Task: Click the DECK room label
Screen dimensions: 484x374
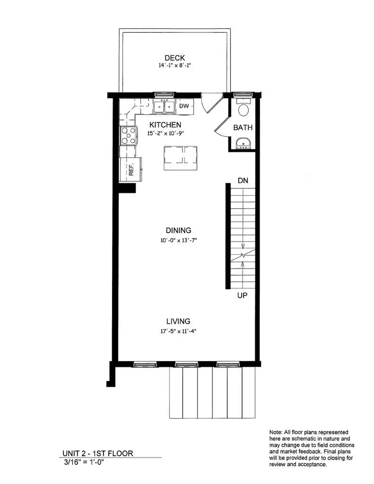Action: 175,58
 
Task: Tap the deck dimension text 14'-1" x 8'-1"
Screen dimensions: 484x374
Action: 175,65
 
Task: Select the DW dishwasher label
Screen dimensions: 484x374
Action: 184,106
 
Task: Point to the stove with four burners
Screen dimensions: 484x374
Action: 128,136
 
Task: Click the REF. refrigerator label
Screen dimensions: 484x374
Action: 131,169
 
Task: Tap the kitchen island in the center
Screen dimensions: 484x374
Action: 180,158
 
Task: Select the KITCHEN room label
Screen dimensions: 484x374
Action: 165,125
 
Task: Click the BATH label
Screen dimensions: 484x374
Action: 243,128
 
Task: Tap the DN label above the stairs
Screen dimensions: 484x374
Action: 243,180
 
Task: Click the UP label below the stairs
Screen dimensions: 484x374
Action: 242,295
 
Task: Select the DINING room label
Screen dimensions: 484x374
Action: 178,230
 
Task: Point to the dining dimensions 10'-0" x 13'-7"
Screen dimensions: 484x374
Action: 178,240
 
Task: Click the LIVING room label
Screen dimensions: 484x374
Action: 178,321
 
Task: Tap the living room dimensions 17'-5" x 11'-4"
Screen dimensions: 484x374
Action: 178,331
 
